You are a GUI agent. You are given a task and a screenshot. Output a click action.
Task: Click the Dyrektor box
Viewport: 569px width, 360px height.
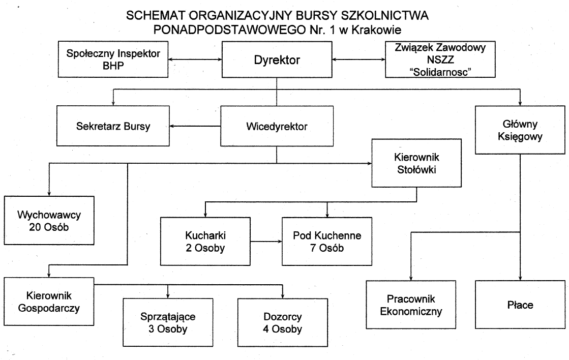pyautogui.click(x=277, y=60)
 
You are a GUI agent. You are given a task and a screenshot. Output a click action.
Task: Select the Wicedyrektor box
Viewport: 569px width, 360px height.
pyautogui.click(x=277, y=126)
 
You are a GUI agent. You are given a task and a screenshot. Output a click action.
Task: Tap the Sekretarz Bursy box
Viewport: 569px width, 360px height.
pyautogui.click(x=113, y=126)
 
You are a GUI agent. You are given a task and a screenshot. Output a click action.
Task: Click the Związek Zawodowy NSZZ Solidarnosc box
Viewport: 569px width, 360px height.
pyautogui.click(x=440, y=60)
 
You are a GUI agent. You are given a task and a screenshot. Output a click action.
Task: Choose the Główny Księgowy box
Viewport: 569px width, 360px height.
pyautogui.click(x=520, y=130)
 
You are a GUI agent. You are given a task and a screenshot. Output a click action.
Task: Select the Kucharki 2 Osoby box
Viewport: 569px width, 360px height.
pyautogui.click(x=205, y=242)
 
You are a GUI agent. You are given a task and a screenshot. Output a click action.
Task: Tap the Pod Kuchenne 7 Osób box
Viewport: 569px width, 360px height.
pyautogui.click(x=327, y=242)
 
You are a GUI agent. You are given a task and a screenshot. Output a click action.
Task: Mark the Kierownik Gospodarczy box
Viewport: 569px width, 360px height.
pyautogui.click(x=49, y=301)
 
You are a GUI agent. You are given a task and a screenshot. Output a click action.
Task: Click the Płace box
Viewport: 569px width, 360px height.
pyautogui.click(x=520, y=304)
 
